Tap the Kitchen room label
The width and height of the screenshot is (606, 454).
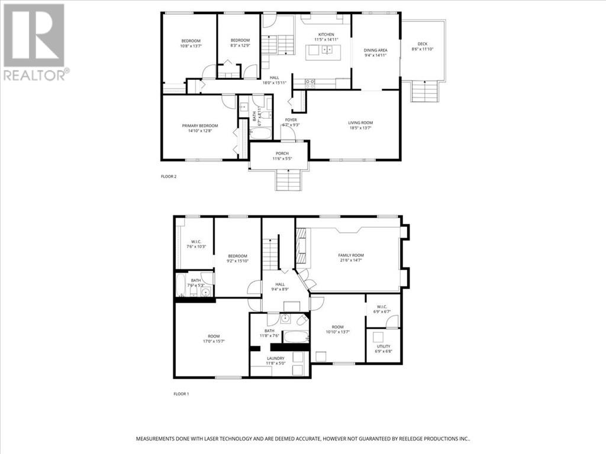(x=326, y=35)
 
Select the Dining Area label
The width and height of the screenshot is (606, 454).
(x=375, y=51)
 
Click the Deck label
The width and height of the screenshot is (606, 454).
(x=422, y=44)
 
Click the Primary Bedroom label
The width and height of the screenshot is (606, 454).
(x=199, y=126)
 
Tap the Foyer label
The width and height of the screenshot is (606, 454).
(x=291, y=120)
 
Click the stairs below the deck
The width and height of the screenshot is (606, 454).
(x=424, y=92)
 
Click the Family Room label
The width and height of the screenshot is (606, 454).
(x=350, y=255)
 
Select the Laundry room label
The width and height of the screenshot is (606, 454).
(x=275, y=358)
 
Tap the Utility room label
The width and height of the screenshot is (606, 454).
(x=383, y=346)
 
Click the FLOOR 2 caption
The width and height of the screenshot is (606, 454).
(x=169, y=177)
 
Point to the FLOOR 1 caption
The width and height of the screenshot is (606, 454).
(x=180, y=394)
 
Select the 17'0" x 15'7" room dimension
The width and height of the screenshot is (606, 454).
(x=214, y=341)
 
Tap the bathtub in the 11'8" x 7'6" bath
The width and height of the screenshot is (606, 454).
(x=294, y=336)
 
